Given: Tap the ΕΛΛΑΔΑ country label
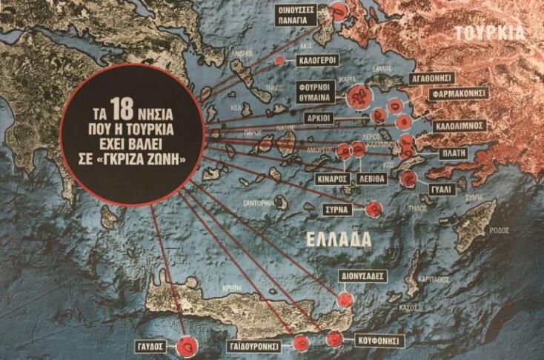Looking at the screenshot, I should tap(333, 238).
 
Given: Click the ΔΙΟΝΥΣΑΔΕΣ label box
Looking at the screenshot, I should tap(362, 275).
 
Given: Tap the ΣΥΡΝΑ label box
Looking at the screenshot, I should tap(342, 210).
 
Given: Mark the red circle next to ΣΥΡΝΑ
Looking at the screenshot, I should tap(375, 209).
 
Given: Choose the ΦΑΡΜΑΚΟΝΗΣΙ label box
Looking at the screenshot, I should tap(460, 94).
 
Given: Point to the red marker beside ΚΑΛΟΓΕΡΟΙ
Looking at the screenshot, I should tap(279, 61).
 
